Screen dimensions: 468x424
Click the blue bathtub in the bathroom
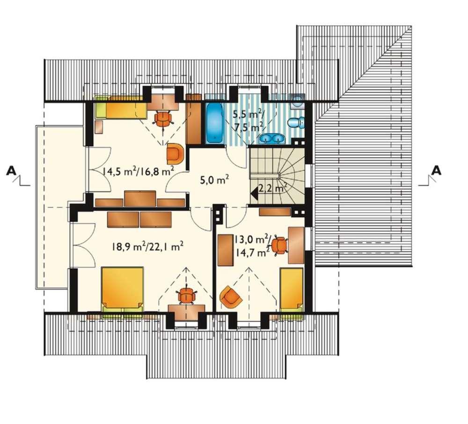coord(215,123)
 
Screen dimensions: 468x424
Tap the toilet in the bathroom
coord(296,122)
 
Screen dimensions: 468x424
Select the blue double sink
coord(271,139)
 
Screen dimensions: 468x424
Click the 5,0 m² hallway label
coord(214,181)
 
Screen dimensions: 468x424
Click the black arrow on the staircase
coord(255,194)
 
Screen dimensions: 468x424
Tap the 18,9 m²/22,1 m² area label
coord(147,246)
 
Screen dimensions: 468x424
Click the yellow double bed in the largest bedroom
coord(122,290)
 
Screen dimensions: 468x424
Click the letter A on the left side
coord(11,170)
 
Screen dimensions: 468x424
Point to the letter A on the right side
coord(436,170)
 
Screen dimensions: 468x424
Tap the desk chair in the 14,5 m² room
coord(163,119)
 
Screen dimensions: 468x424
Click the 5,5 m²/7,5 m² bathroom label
coord(248,120)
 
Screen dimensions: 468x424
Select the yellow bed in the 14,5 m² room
coord(121,107)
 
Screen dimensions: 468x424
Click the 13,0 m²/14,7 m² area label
coord(253,246)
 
